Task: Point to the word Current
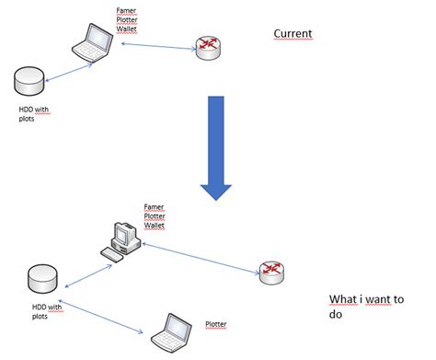pyautogui.click(x=293, y=34)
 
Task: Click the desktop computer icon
pyautogui.click(x=121, y=238)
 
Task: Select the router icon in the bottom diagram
pyautogui.click(x=270, y=270)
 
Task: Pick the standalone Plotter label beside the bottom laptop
pyautogui.click(x=215, y=324)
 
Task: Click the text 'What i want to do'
pyautogui.click(x=366, y=306)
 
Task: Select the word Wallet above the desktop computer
pyautogui.click(x=154, y=224)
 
